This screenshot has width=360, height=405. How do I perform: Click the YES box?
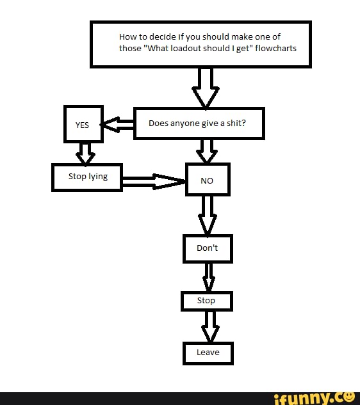[x=83, y=124]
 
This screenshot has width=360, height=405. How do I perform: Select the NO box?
[x=207, y=180]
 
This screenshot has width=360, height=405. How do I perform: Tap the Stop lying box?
[x=87, y=177]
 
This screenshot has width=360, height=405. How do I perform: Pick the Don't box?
[x=208, y=248]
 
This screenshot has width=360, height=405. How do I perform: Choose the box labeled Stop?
[x=206, y=301]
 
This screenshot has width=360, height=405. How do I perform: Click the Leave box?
[x=208, y=353]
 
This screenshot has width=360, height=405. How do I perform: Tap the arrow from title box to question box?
[x=205, y=88]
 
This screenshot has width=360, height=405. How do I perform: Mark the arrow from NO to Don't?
[x=207, y=215]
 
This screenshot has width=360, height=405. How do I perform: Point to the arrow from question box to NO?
[x=206, y=152]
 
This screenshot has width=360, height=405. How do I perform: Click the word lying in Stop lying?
[x=98, y=177]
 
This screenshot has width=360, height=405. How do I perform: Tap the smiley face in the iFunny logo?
[x=349, y=397]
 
